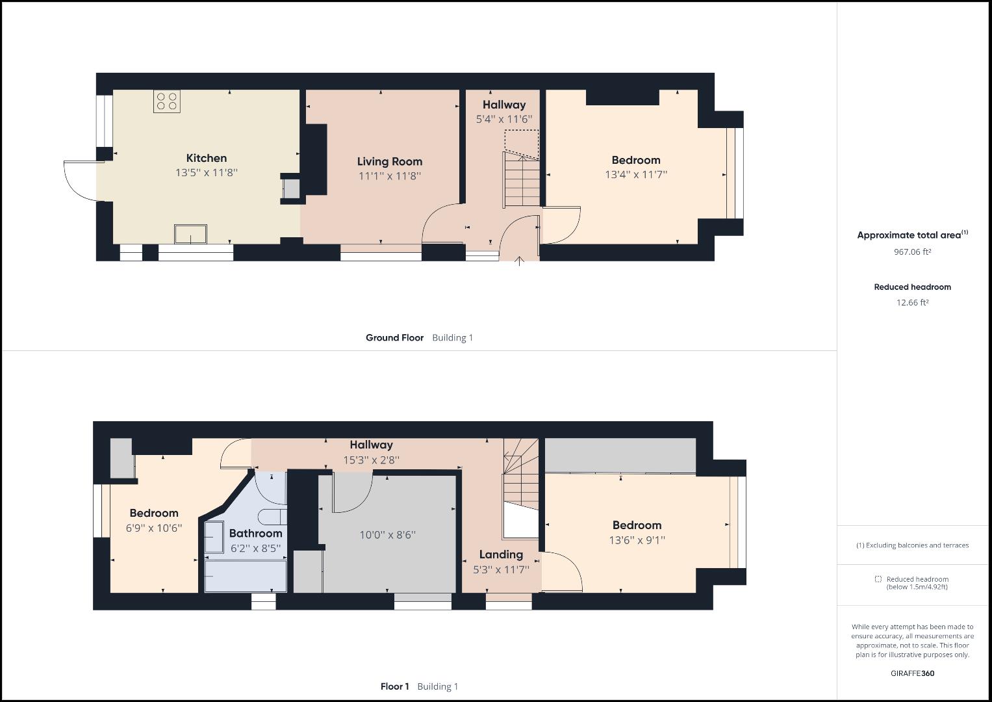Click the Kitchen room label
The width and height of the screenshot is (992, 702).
tap(207, 158)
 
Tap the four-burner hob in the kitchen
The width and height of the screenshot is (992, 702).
tap(167, 101)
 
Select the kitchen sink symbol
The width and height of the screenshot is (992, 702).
tap(190, 233)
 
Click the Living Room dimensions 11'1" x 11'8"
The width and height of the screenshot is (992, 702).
tap(389, 175)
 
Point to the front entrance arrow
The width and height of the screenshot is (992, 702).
tap(519, 261)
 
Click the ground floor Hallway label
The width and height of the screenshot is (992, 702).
tap(503, 105)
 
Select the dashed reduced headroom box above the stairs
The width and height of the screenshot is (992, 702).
tap(522, 143)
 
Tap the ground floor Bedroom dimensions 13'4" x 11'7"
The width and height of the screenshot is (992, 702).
tap(635, 174)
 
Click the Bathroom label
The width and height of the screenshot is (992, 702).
tap(255, 534)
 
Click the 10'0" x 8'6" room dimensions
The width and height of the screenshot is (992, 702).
tap(387, 535)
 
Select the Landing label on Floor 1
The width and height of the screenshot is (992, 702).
tap(501, 554)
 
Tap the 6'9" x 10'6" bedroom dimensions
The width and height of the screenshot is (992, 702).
tap(154, 528)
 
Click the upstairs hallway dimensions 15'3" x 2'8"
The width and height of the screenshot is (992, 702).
tap(371, 460)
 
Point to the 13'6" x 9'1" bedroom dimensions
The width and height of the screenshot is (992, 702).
tap(637, 539)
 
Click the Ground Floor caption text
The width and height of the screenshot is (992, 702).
tap(394, 337)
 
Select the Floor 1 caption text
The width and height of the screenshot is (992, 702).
tap(394, 686)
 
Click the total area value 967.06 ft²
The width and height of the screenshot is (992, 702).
tap(912, 252)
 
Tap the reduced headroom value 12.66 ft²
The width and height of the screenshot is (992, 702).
tap(912, 302)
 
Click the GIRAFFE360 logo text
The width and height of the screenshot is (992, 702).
tap(912, 673)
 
